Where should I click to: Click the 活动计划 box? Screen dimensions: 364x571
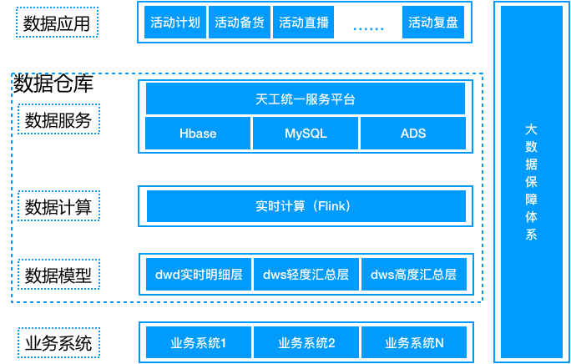[175, 23]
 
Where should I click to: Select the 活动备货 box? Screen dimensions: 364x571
[240, 23]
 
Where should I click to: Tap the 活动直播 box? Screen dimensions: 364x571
[303, 23]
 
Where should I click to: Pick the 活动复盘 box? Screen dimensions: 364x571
[433, 23]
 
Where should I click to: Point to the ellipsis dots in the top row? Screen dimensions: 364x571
[368, 26]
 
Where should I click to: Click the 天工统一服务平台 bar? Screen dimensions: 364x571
[306, 99]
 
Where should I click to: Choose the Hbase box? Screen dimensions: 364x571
[198, 134]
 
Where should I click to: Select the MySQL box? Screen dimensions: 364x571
[306, 134]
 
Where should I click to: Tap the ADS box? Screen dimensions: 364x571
[412, 134]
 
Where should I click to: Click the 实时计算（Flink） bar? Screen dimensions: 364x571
[306, 205]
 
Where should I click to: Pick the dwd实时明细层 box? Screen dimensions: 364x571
[199, 274]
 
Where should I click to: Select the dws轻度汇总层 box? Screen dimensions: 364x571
[306, 274]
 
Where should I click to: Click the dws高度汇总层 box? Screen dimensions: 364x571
[413, 274]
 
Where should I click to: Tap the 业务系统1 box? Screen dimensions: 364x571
[199, 342]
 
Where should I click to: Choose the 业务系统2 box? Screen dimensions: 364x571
[306, 342]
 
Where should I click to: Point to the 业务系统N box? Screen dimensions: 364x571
[413, 342]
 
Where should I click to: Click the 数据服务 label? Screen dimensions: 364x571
[58, 119]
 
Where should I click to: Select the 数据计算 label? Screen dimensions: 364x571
[58, 205]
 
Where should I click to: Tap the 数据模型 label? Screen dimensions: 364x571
[58, 274]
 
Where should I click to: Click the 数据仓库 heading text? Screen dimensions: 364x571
[53, 83]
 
